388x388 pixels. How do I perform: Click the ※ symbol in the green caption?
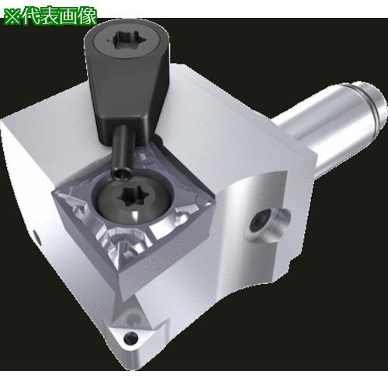click(13, 16)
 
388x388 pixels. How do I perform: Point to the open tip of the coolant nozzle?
click(121, 173)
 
